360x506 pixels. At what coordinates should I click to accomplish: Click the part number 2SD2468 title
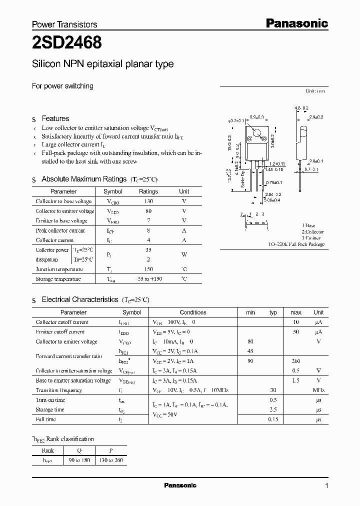tap(67, 43)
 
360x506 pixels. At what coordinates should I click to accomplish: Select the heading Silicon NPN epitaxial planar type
tap(102, 64)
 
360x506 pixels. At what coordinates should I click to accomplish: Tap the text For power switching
tap(62, 86)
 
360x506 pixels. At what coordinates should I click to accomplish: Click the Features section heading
tap(55, 118)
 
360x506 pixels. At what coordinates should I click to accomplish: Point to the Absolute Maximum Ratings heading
tap(83, 179)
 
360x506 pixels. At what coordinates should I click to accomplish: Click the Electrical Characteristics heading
tap(79, 299)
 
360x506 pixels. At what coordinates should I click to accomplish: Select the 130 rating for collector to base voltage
tap(148, 201)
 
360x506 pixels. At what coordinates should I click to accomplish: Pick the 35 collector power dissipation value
tap(148, 249)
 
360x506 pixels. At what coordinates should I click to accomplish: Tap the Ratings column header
tap(148, 191)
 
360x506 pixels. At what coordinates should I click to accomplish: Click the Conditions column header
tap(192, 312)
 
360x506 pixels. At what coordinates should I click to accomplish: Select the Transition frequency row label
tap(58, 390)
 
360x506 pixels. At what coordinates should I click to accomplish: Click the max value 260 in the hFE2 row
tap(295, 361)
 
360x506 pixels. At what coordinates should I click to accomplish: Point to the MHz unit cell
tap(318, 390)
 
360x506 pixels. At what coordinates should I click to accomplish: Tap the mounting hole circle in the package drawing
tap(256, 134)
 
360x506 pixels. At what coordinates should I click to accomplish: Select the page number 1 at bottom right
tap(326, 485)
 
